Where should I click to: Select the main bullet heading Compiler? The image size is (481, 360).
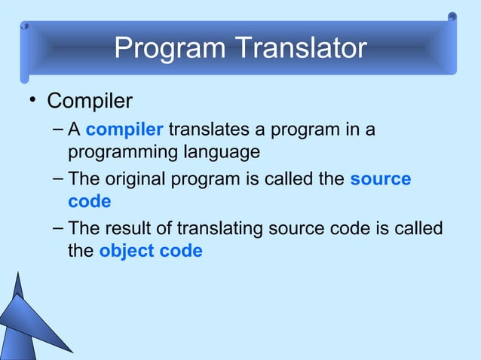[90, 100]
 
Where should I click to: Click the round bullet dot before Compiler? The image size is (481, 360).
[31, 101]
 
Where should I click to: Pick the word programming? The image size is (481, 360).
[121, 152]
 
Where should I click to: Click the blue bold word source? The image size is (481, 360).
[380, 179]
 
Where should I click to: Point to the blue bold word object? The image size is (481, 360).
[124, 251]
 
